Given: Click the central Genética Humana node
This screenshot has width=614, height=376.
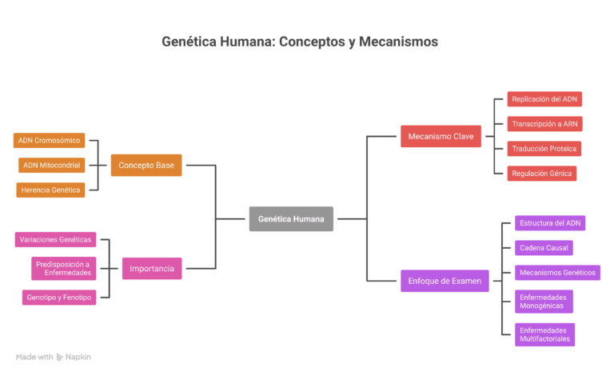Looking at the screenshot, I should tap(291, 218).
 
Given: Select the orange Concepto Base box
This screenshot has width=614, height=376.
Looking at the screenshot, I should tap(146, 166).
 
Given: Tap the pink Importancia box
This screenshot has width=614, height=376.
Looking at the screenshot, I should tap(152, 268).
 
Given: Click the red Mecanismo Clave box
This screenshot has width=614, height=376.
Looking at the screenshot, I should tap(441, 136).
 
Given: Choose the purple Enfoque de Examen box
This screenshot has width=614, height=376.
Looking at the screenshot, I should tap(445, 281).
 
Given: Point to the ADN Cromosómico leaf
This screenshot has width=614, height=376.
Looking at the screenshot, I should tap(50, 141).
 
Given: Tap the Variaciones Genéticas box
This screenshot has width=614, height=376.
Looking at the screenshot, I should tap(55, 239).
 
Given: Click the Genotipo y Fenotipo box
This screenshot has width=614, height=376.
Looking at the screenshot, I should tap(58, 298).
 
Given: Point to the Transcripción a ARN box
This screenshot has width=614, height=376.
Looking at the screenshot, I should tap(544, 123).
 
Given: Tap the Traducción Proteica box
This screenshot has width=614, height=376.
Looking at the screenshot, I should tap(544, 148).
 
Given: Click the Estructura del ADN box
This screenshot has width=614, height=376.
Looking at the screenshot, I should tap(551, 223).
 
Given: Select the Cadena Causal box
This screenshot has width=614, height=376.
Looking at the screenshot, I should tap(544, 248).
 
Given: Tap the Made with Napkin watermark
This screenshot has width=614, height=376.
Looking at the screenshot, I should tap(53, 357).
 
